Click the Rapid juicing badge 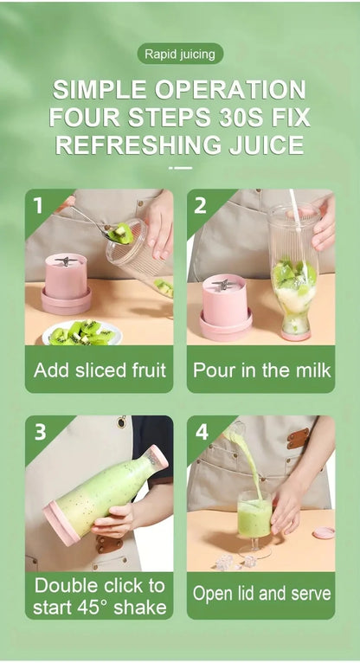coord(180,54)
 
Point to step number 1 coord(37,205)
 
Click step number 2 coord(200,205)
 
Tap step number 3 coord(39,430)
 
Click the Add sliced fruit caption coord(99,370)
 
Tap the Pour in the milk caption coord(261,370)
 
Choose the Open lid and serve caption coord(261,594)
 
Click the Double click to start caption coord(99,595)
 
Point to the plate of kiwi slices coord(81,331)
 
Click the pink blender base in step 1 coord(66,283)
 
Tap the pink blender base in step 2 coord(226,306)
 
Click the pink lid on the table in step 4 coord(324,532)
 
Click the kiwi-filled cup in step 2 coord(294,277)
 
